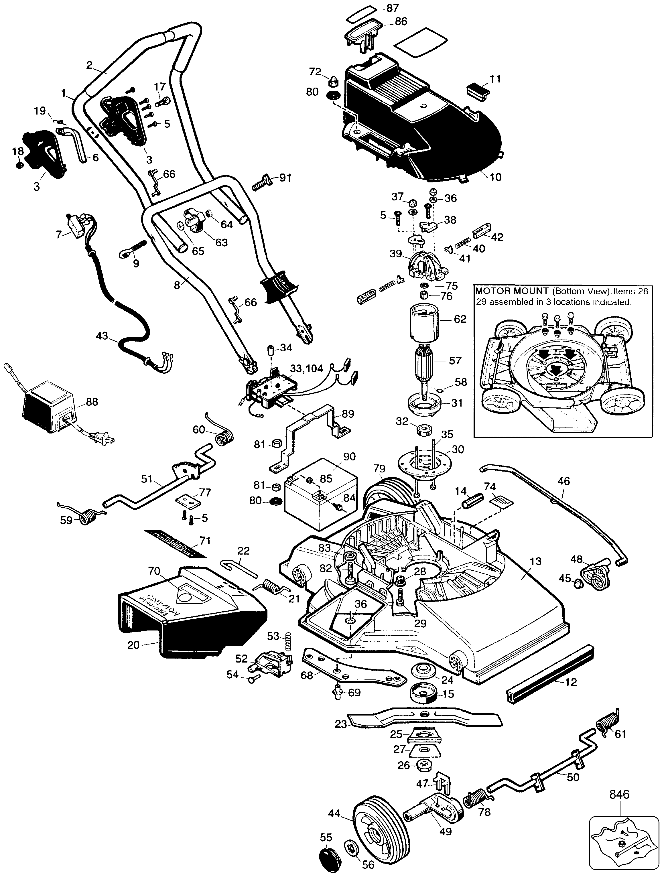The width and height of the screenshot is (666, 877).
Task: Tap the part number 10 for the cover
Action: (x=496, y=177)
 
